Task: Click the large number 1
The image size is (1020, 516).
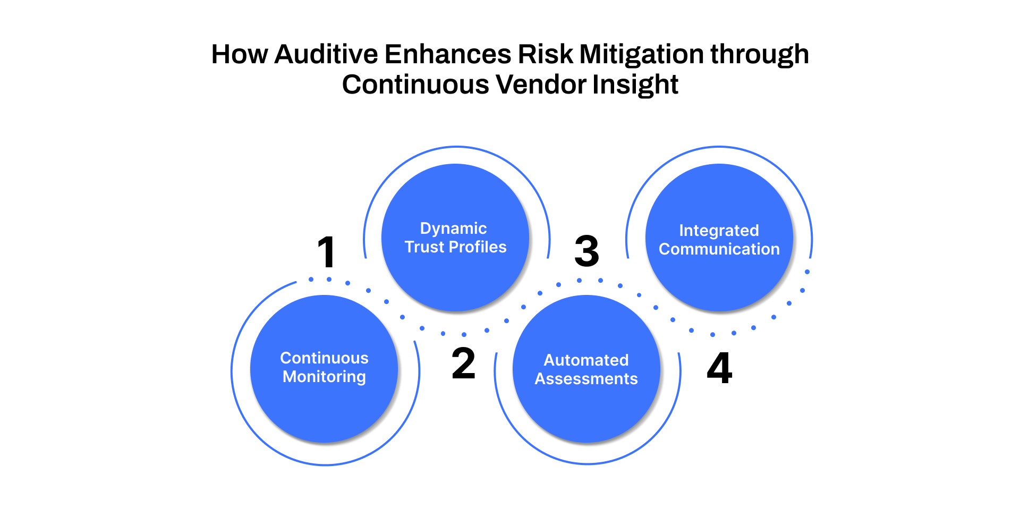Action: pos(327,252)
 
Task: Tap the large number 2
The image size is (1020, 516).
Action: pos(463,364)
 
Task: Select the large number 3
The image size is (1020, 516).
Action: pos(587,251)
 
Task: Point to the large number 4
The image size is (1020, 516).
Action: pos(720,368)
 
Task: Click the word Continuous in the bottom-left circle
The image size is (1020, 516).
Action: pos(324,358)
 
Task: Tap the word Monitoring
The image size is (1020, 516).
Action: pos(324,377)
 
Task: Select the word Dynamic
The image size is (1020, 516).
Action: pos(453,229)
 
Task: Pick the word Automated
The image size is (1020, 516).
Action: pos(586,360)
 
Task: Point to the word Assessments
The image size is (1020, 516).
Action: pos(586,379)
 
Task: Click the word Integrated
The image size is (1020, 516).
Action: pos(719,231)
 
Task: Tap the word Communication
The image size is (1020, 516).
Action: pos(719,249)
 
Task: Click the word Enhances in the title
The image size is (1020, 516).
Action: pos(448,54)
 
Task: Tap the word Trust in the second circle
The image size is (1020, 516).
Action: pos(423,247)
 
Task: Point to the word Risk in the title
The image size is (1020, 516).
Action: pos(546,54)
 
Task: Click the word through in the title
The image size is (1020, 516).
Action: pos(760,54)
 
